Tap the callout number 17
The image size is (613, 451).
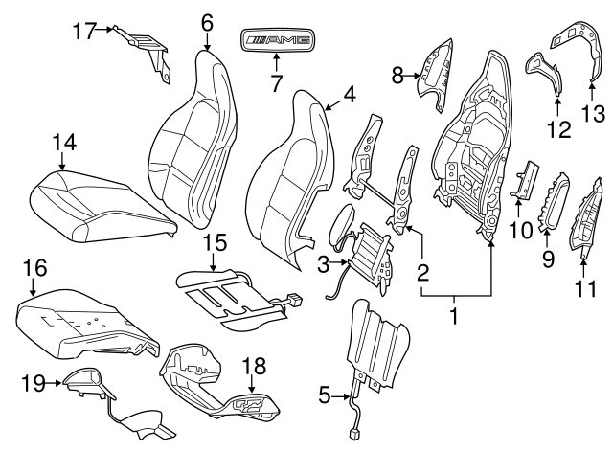point(85,31)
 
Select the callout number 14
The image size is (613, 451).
point(63,142)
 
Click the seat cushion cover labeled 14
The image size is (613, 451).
point(101,203)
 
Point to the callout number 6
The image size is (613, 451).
point(207,21)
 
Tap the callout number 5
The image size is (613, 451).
point(326,394)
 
